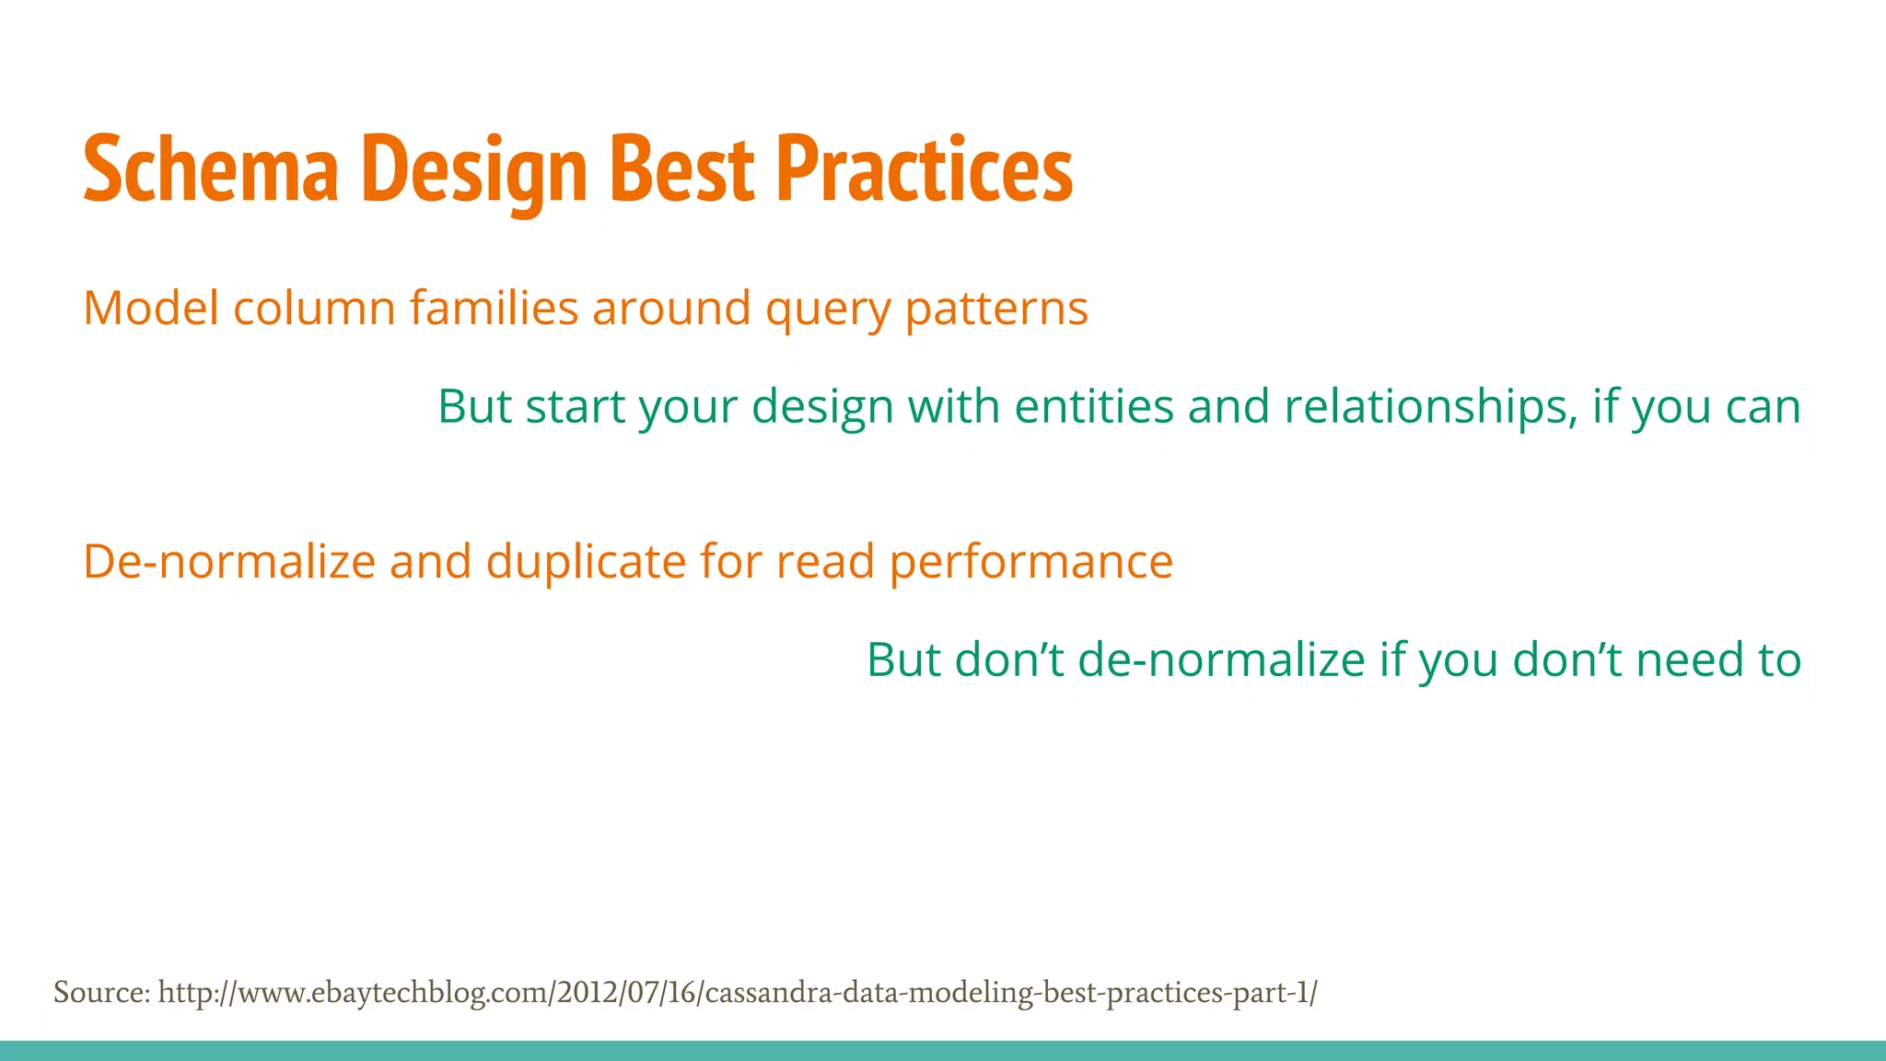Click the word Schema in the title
click(x=211, y=170)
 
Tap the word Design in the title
click(x=475, y=170)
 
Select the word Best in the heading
click(x=682, y=170)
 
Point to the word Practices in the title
click(x=925, y=170)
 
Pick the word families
click(x=494, y=309)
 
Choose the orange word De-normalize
click(x=229, y=562)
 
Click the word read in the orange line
click(x=825, y=562)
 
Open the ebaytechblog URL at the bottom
click(x=737, y=994)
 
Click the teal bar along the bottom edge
click(x=943, y=1051)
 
